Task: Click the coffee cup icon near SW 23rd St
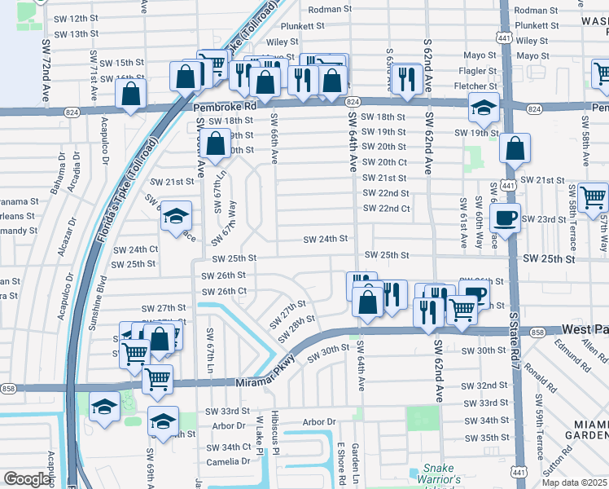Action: pyautogui.click(x=505, y=218)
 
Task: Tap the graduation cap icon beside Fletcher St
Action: pyautogui.click(x=484, y=107)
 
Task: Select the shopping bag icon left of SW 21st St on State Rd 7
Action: pyautogui.click(x=514, y=150)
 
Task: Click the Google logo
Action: pyautogui.click(x=27, y=479)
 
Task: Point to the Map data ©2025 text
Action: pyautogui.click(x=575, y=482)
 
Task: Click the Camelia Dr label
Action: pyautogui.click(x=228, y=461)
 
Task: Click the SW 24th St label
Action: pyautogui.click(x=326, y=240)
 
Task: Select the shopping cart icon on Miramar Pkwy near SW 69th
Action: pyautogui.click(x=157, y=378)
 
